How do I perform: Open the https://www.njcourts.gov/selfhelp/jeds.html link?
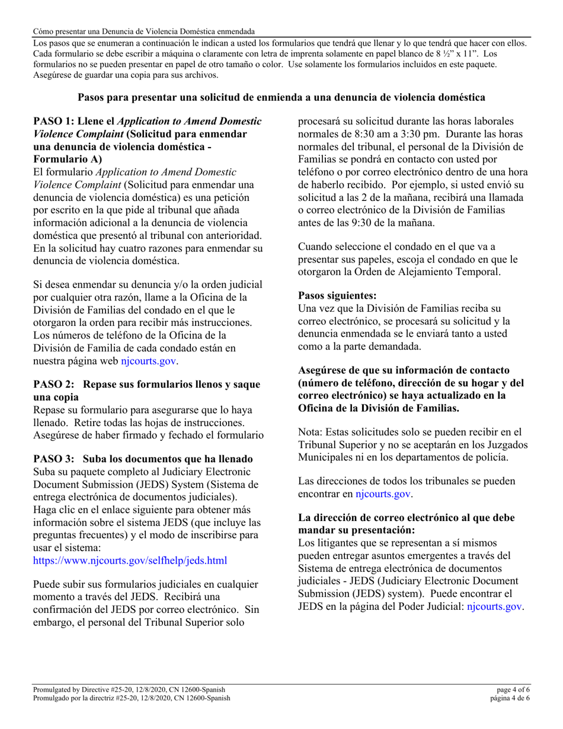[130, 559]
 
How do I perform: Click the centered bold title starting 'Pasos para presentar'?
[281, 97]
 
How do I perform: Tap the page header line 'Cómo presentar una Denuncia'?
[144, 31]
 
